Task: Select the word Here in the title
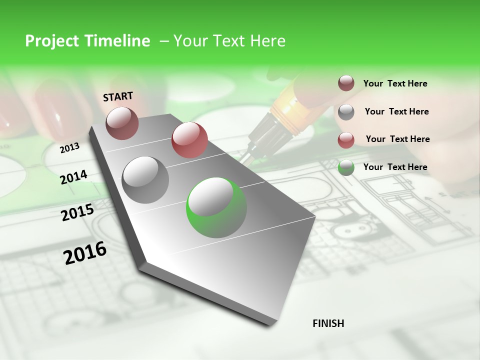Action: point(267,41)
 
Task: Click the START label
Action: point(118,96)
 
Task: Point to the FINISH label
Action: point(328,323)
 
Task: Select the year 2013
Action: point(70,147)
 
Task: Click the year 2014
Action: point(74,177)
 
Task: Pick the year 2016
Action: point(85,252)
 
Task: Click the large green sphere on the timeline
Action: point(216,207)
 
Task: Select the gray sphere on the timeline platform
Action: point(145,179)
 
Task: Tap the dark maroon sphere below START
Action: point(122,123)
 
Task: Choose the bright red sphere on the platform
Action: point(189,140)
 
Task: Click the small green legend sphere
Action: point(346,168)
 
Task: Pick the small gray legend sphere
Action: point(346,112)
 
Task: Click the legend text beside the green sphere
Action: point(395,167)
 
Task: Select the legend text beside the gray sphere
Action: point(396,111)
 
